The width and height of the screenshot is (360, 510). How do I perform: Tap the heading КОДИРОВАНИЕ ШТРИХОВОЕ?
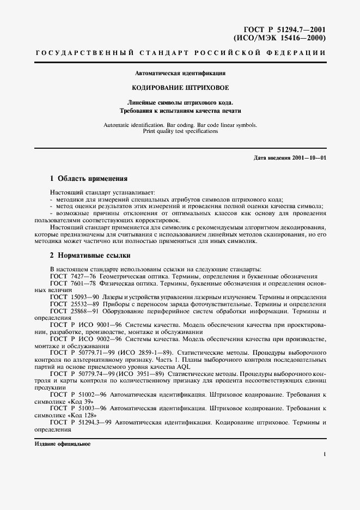180,88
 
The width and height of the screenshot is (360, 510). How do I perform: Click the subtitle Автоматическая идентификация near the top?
180,72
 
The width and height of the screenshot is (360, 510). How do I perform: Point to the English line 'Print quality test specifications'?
180,131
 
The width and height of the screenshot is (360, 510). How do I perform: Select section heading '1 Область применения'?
89,178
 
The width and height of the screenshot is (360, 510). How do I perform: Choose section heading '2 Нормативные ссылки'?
90,255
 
